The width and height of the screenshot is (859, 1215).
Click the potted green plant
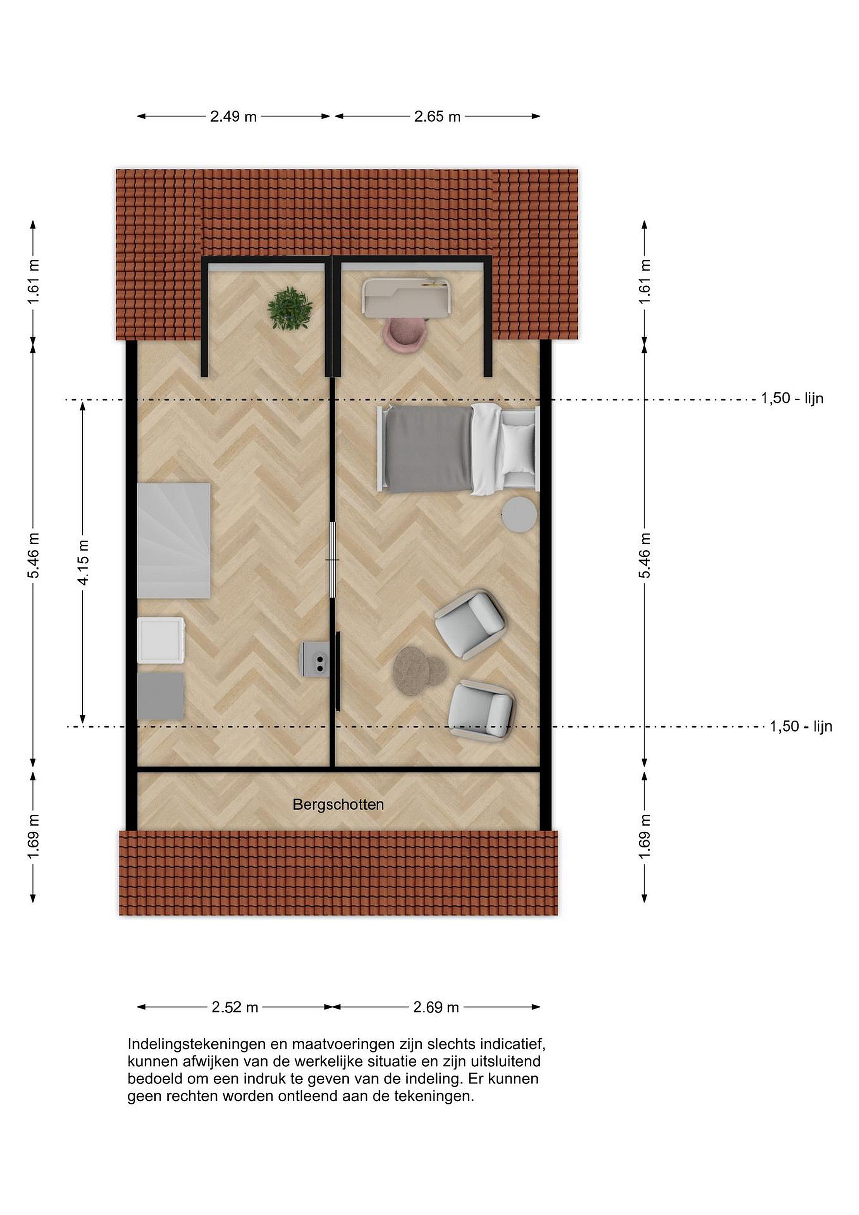coord(290,308)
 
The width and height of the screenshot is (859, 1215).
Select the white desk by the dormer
coord(407,297)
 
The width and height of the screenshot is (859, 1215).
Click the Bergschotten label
coord(338,805)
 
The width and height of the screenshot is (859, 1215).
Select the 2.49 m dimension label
coord(233,117)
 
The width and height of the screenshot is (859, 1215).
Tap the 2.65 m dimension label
coord(437,117)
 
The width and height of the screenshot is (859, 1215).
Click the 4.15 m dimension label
coord(83,562)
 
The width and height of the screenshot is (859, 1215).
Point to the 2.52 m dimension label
coord(235,1007)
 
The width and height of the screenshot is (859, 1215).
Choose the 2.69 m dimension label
coord(436,1007)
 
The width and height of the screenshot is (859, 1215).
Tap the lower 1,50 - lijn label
coord(801,726)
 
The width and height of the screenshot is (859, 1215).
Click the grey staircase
coord(174,540)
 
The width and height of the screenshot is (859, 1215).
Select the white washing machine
coord(161,640)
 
